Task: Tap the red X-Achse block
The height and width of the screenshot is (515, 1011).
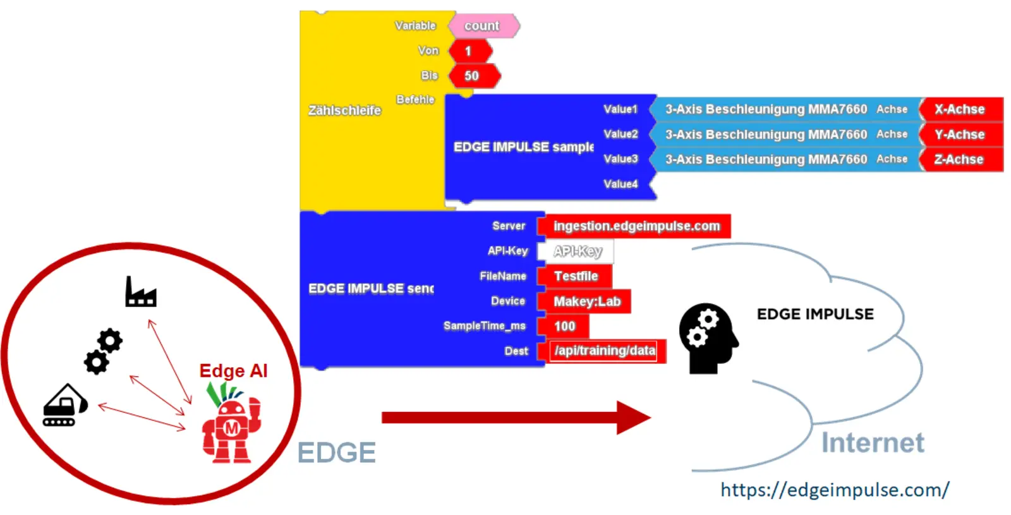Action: pos(960,109)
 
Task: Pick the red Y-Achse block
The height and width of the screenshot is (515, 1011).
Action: pos(960,135)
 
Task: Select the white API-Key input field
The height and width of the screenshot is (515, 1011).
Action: pos(576,251)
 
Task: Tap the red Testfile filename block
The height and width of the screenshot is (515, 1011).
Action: pos(575,276)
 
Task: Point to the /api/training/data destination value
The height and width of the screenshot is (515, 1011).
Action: pos(603,351)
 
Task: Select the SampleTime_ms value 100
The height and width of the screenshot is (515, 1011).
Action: pos(564,326)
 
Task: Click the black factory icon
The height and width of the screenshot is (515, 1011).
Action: pos(140,292)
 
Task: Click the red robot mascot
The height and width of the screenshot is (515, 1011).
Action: pos(231,426)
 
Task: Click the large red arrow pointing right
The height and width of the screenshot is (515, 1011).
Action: pos(515,417)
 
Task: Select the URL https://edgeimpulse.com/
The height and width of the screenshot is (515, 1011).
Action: pos(835,490)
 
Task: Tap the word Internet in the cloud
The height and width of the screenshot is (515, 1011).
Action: pos(873,443)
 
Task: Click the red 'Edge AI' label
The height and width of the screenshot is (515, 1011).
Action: pos(233,371)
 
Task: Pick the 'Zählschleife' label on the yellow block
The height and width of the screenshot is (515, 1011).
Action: pos(344,111)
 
